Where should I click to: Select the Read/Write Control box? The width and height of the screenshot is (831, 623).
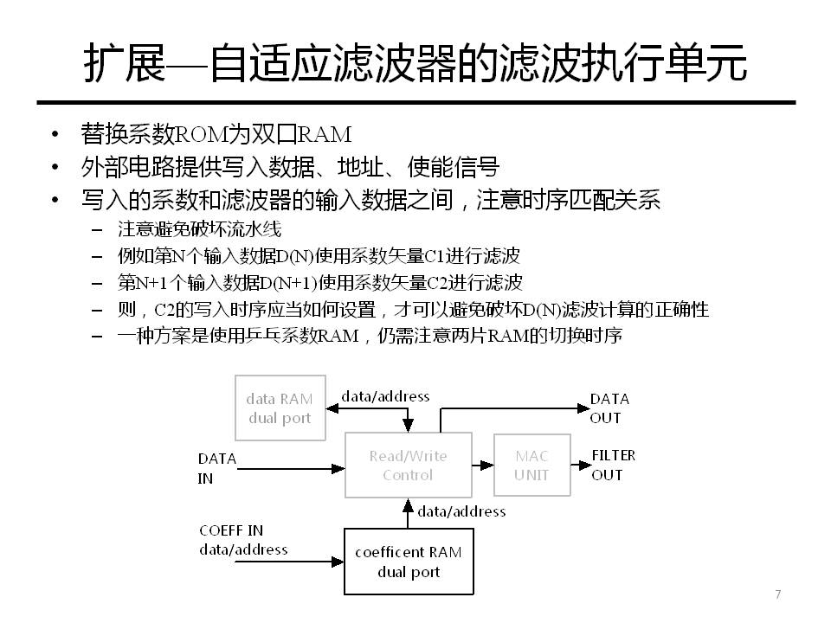[408, 465]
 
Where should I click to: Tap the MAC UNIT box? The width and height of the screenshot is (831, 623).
[531, 465]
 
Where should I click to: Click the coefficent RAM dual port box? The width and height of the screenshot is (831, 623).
[409, 562]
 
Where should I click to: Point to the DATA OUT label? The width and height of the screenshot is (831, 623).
[609, 408]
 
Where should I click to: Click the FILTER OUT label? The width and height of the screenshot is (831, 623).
[613, 465]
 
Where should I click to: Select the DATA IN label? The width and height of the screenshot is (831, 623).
[216, 468]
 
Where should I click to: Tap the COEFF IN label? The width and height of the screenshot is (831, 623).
[231, 530]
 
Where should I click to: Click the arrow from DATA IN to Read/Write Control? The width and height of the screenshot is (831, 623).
[291, 469]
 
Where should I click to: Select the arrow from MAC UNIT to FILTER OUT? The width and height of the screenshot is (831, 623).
[579, 465]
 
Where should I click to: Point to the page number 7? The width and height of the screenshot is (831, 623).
[777, 594]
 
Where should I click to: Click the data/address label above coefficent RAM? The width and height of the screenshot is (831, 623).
[461, 511]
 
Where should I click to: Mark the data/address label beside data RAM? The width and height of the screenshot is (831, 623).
[385, 396]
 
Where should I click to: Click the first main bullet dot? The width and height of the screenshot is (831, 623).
[56, 134]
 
